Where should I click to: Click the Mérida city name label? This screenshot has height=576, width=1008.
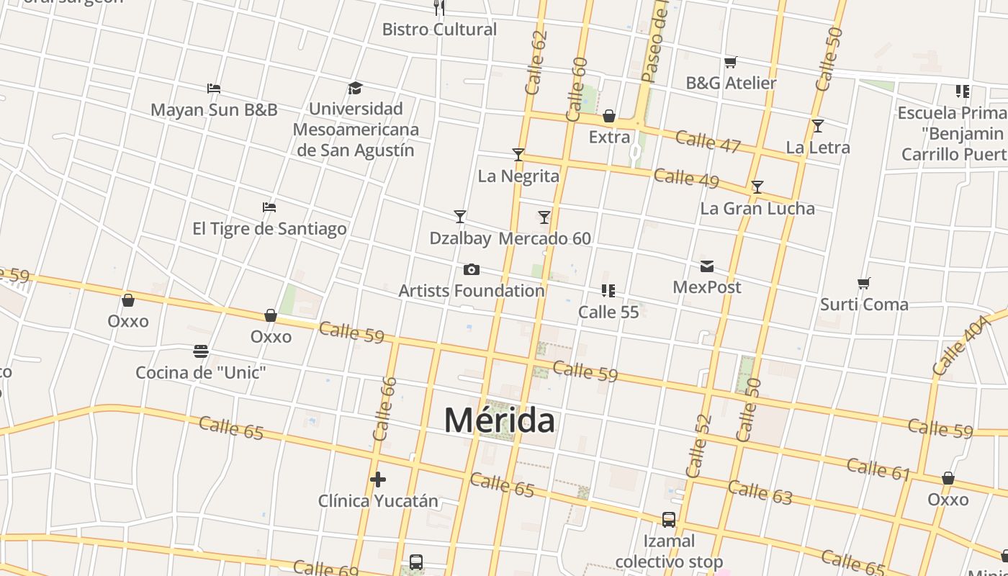499,420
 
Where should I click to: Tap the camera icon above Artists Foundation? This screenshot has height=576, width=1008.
472,269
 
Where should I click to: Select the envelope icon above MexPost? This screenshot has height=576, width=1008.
707,266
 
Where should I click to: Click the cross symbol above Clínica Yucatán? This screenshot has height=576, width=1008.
378,480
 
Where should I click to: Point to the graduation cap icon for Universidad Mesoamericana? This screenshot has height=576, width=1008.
355,88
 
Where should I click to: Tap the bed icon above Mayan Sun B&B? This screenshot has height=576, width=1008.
213,89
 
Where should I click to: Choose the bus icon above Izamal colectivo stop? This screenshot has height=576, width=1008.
669,519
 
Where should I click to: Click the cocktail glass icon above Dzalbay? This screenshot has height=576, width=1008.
460,216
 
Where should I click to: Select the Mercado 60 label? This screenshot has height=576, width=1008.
544,238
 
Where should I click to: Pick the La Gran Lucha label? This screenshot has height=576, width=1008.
757,209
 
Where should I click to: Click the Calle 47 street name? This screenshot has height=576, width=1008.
708,141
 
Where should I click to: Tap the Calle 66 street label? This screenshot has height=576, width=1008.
384,409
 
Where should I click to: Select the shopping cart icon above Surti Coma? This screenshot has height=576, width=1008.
864,283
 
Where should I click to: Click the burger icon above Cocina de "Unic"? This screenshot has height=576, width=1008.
201,351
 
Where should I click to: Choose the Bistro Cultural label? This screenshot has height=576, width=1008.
439,30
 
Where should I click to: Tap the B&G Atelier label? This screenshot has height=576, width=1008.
731,83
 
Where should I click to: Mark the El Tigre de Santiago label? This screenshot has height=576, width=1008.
269,229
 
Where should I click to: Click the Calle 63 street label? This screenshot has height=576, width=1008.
760,492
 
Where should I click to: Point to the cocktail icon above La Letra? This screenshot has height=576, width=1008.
818,126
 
